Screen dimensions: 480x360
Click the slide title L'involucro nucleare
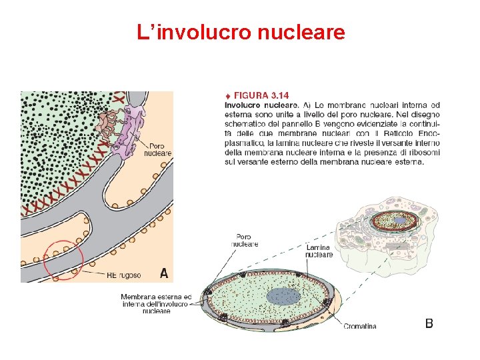[x=241, y=32]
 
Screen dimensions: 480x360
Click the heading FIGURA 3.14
[x=261, y=95]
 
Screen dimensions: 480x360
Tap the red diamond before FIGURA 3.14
[x=229, y=95]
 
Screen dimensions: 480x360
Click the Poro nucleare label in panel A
[x=161, y=149]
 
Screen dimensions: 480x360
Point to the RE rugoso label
[x=124, y=274]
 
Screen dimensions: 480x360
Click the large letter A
[x=164, y=272]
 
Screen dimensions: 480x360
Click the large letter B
[x=429, y=323]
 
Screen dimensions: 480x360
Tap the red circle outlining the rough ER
[x=63, y=259]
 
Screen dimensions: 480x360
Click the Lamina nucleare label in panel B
[x=319, y=251]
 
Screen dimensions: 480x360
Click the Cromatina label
[x=360, y=326]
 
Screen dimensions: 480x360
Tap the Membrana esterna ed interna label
[x=156, y=303]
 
